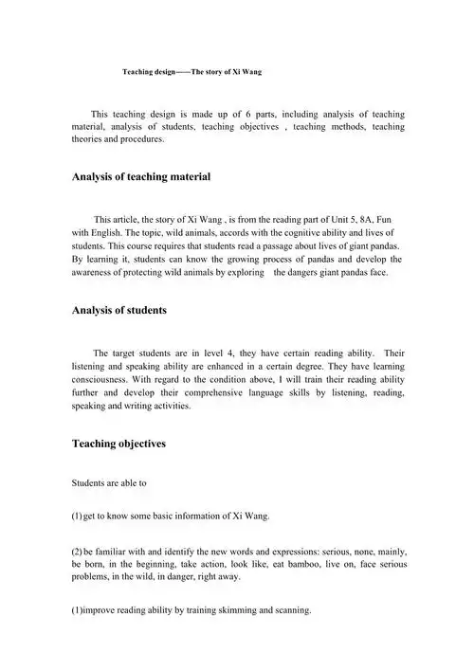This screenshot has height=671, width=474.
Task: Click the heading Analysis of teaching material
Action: [141, 177]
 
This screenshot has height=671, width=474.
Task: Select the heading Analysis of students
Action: [119, 310]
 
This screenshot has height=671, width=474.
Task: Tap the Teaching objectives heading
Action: [118, 443]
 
